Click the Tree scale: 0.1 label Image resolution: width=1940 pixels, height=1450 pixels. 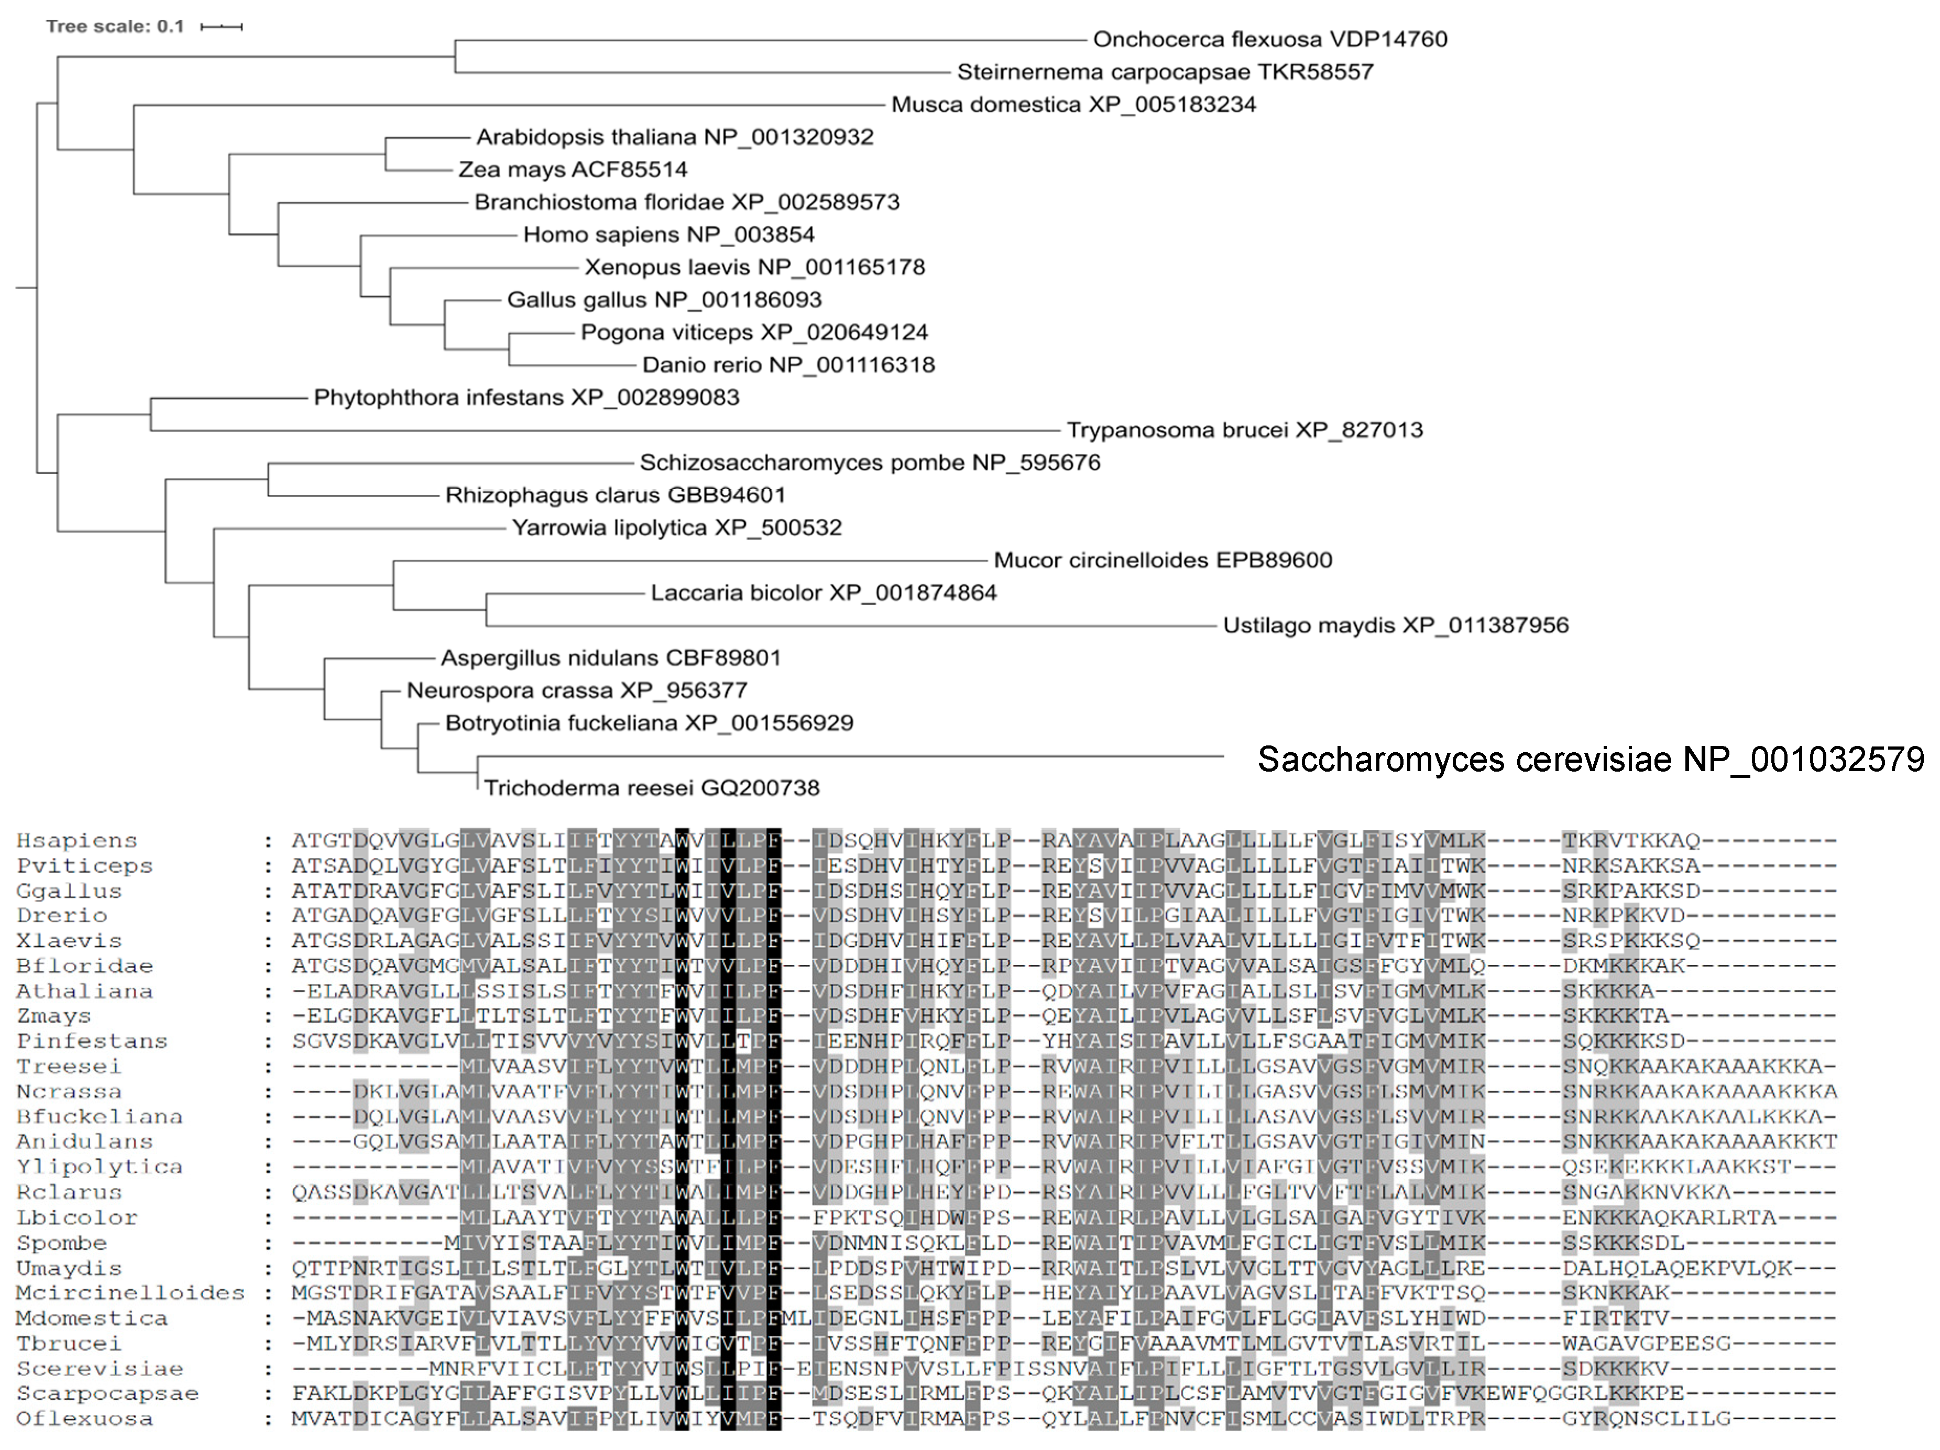click(115, 26)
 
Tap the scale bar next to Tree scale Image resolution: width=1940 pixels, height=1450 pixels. click(221, 27)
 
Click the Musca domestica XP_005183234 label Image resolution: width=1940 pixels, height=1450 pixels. click(1073, 104)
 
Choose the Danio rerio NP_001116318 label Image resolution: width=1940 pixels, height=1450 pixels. click(788, 365)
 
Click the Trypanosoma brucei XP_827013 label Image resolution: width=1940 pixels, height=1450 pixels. click(1244, 430)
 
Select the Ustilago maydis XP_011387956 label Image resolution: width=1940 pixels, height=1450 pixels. click(1395, 625)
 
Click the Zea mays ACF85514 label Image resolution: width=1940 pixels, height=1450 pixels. click(573, 169)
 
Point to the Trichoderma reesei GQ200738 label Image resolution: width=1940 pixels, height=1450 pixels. click(652, 788)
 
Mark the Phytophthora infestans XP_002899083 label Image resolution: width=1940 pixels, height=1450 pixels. click(526, 398)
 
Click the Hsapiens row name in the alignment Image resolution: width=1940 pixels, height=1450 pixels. click(76, 840)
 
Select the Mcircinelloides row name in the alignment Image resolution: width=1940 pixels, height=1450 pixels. click(130, 1293)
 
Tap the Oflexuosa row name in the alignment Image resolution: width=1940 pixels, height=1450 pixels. click(84, 1419)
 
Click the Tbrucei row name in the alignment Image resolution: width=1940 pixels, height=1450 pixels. click(69, 1344)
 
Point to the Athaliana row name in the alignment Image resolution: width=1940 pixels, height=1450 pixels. click(84, 991)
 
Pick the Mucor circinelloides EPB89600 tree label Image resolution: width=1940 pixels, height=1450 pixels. click(1162, 561)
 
